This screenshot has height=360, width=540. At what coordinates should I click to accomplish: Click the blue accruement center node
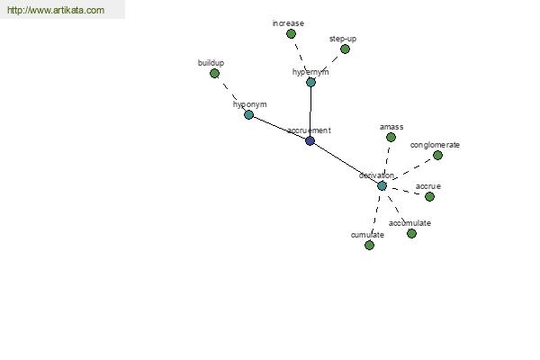[x=310, y=140]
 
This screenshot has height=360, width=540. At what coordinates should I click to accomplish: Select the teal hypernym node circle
[x=310, y=82]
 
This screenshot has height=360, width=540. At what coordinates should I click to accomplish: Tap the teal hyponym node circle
[x=248, y=114]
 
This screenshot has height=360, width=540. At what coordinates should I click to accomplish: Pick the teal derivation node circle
[x=382, y=186]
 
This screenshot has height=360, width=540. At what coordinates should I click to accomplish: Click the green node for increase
[x=291, y=34]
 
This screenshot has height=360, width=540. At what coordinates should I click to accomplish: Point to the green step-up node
[x=345, y=49]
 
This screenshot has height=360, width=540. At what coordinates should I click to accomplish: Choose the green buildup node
[x=214, y=74]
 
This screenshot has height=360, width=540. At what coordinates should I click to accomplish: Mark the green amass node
[x=391, y=138]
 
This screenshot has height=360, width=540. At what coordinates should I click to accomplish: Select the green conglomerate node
[x=437, y=156]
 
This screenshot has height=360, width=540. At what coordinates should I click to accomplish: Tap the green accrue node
[x=429, y=197]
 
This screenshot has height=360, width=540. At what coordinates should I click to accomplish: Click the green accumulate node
[x=411, y=234]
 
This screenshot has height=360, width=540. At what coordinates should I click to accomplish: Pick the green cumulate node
[x=369, y=246]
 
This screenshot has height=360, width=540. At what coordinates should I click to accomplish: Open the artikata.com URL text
[x=56, y=10]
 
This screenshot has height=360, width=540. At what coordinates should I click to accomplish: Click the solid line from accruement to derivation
[x=346, y=163]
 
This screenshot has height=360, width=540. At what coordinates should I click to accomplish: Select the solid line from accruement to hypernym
[x=310, y=112]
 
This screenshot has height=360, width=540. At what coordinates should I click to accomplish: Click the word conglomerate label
[x=435, y=145]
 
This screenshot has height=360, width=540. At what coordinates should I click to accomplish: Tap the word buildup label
[x=211, y=63]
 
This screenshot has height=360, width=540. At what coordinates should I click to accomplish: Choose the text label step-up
[x=343, y=39]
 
